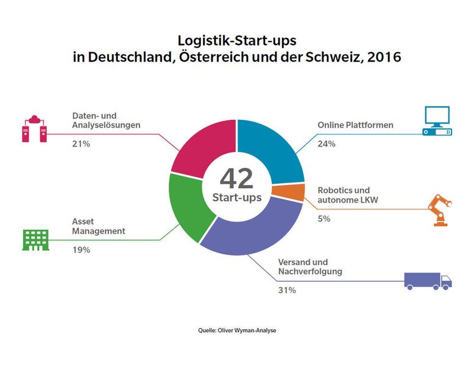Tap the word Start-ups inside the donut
[x=237, y=198]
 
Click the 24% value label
[x=326, y=145]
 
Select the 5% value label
[x=324, y=218]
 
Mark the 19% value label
[x=81, y=250]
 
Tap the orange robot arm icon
[x=440, y=210]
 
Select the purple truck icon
[x=428, y=279]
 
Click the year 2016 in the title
[x=383, y=58]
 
